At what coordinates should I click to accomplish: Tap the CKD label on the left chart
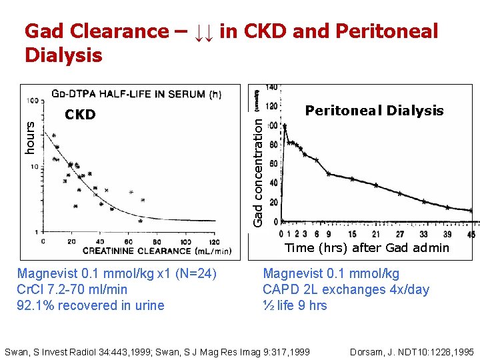(x=80, y=115)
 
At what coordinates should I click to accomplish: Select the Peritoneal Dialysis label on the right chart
(x=374, y=111)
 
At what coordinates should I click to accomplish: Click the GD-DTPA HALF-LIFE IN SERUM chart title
(x=137, y=95)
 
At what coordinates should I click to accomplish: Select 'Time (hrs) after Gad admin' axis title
(x=367, y=248)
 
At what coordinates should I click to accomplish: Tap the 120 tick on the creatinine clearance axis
(x=214, y=241)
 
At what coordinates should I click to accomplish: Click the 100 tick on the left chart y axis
(x=31, y=101)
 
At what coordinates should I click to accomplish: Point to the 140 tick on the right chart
(x=272, y=87)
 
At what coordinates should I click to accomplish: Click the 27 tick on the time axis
(x=399, y=234)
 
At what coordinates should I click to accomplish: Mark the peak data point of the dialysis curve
(x=285, y=125)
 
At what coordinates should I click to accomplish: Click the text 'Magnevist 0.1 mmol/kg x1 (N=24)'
(x=117, y=273)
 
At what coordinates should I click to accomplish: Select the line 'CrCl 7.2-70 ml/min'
(x=72, y=289)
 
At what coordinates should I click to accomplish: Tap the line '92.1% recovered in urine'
(x=91, y=305)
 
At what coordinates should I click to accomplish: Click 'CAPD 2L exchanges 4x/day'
(x=346, y=289)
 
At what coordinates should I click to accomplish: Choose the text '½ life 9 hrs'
(x=295, y=305)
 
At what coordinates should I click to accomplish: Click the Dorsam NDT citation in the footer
(x=411, y=351)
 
